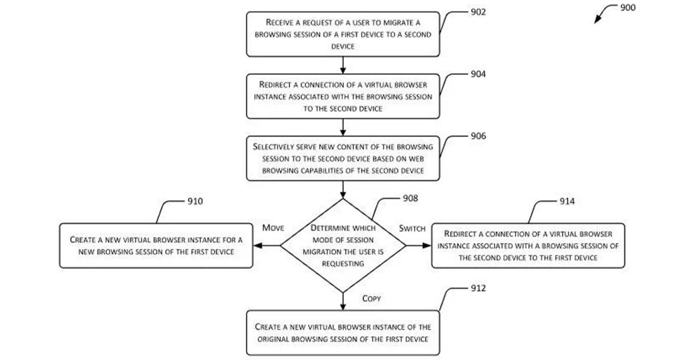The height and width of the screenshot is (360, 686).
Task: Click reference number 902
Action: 478,13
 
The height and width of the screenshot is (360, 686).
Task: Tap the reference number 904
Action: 478,74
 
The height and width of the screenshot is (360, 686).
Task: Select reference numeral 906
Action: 478,136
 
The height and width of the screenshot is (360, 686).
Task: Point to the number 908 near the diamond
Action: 410,198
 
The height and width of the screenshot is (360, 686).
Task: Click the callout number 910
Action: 195,201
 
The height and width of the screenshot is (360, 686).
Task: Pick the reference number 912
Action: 478,288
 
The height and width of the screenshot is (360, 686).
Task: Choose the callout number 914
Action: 567,201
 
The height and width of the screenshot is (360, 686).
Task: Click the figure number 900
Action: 627,8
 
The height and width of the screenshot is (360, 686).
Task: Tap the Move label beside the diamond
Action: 273,228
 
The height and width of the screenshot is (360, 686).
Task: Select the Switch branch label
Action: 412,228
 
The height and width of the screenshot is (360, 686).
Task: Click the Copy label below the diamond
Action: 371,298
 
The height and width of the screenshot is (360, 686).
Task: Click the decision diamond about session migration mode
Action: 343,246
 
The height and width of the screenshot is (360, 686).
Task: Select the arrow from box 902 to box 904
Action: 343,65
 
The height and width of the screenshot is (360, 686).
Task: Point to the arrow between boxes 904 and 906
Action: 343,127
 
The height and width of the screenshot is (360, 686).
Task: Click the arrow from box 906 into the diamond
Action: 343,189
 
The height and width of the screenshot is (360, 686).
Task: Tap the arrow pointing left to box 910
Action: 267,246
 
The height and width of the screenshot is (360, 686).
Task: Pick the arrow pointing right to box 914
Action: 418,246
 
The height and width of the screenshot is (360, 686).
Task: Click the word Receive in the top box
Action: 280,22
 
